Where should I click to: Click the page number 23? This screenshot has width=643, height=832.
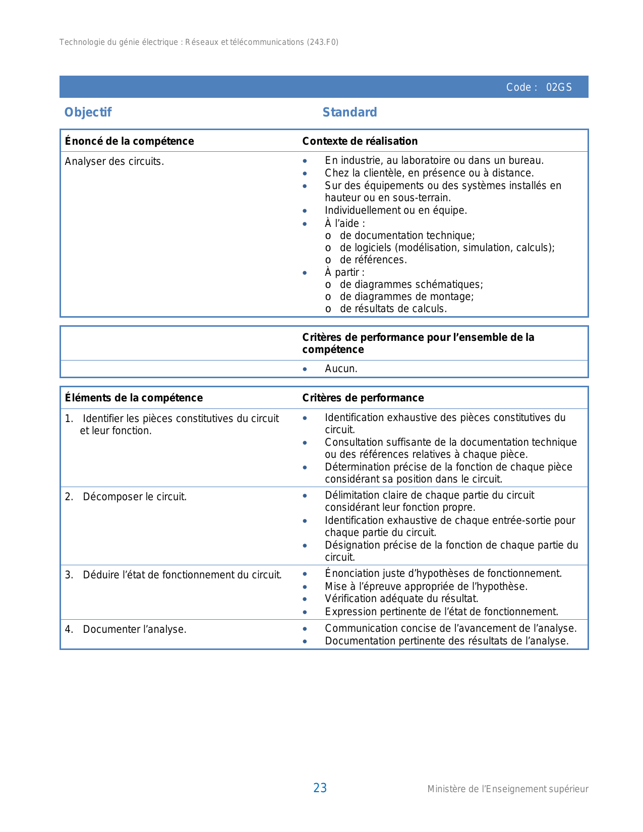click(x=320, y=788)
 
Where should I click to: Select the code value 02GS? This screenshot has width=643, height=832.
click(x=559, y=87)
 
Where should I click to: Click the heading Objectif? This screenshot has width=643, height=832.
click(x=88, y=112)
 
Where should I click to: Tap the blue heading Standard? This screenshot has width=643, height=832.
click(x=349, y=112)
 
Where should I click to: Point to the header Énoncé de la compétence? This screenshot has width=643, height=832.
click(x=129, y=141)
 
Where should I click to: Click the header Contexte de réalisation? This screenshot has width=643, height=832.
click(x=360, y=141)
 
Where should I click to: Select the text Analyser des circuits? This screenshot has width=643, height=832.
click(x=114, y=161)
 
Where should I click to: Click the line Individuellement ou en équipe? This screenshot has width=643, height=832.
click(x=396, y=210)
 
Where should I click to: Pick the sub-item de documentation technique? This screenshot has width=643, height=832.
click(x=407, y=235)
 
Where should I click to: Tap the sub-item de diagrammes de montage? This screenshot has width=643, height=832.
click(x=406, y=296)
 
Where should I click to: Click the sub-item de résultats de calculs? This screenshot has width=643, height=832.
click(x=393, y=309)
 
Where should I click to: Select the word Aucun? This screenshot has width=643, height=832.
click(x=341, y=369)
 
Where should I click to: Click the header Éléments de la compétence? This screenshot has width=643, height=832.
click(x=134, y=398)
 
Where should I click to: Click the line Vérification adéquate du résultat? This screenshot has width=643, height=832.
click(x=401, y=599)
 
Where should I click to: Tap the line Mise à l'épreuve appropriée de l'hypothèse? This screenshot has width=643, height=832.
click(x=426, y=586)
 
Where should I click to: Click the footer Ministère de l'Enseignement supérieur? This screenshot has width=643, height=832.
click(x=508, y=789)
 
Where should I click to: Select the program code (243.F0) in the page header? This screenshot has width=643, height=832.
click(x=323, y=42)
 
